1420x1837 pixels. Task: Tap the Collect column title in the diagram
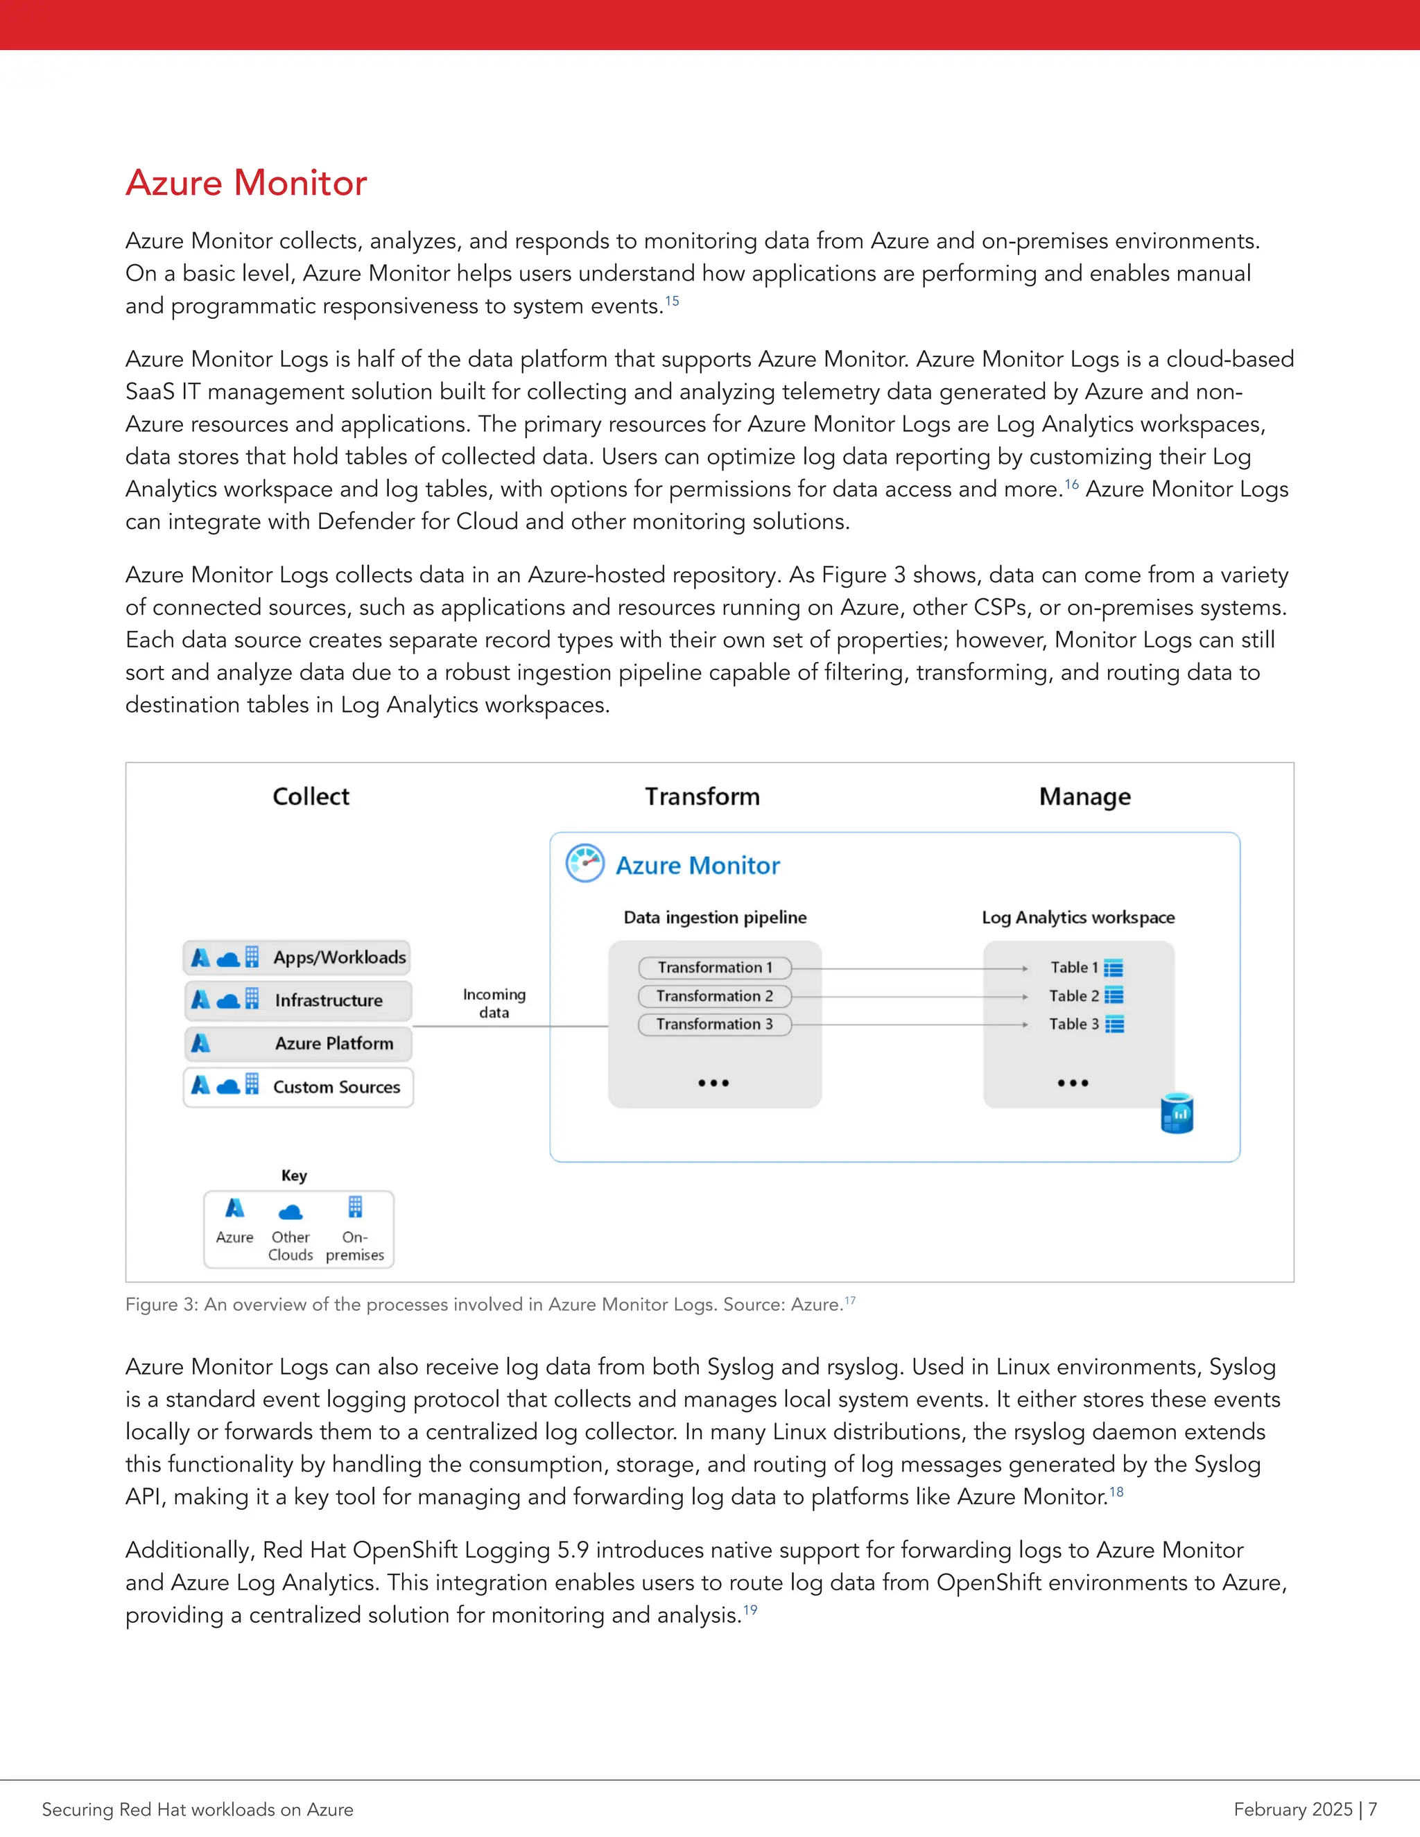pos(311,796)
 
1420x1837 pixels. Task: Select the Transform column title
pos(702,796)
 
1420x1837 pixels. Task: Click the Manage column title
pos(1084,796)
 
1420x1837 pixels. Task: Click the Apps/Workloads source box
pos(297,957)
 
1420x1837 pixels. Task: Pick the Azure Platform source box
pos(297,1043)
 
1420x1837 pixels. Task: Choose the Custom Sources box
pos(297,1087)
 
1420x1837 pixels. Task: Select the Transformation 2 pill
pos(714,996)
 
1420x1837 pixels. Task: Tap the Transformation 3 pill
pos(714,1025)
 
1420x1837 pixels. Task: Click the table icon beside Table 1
pos(1113,968)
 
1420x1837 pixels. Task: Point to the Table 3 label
pos(1073,1025)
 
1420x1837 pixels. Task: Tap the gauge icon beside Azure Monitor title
pos(585,863)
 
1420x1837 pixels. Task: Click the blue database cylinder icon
pos(1177,1114)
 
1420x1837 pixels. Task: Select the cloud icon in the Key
pos(291,1212)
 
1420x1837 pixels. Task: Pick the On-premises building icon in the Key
pos(355,1208)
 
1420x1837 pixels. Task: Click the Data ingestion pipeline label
pos(714,918)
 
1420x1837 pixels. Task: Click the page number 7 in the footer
pos(1372,1809)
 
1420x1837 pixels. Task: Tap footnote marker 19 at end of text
pos(750,1610)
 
